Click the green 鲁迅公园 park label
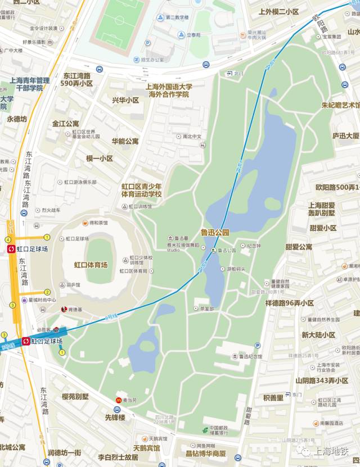(x=215, y=232)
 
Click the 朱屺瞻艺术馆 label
(x=340, y=105)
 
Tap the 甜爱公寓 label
(x=299, y=247)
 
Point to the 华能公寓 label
(x=125, y=141)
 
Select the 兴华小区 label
(x=125, y=100)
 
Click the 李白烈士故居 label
(x=118, y=457)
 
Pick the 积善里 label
(x=273, y=397)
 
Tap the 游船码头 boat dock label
(x=236, y=269)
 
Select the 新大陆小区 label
(x=318, y=335)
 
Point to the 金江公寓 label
(x=66, y=124)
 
